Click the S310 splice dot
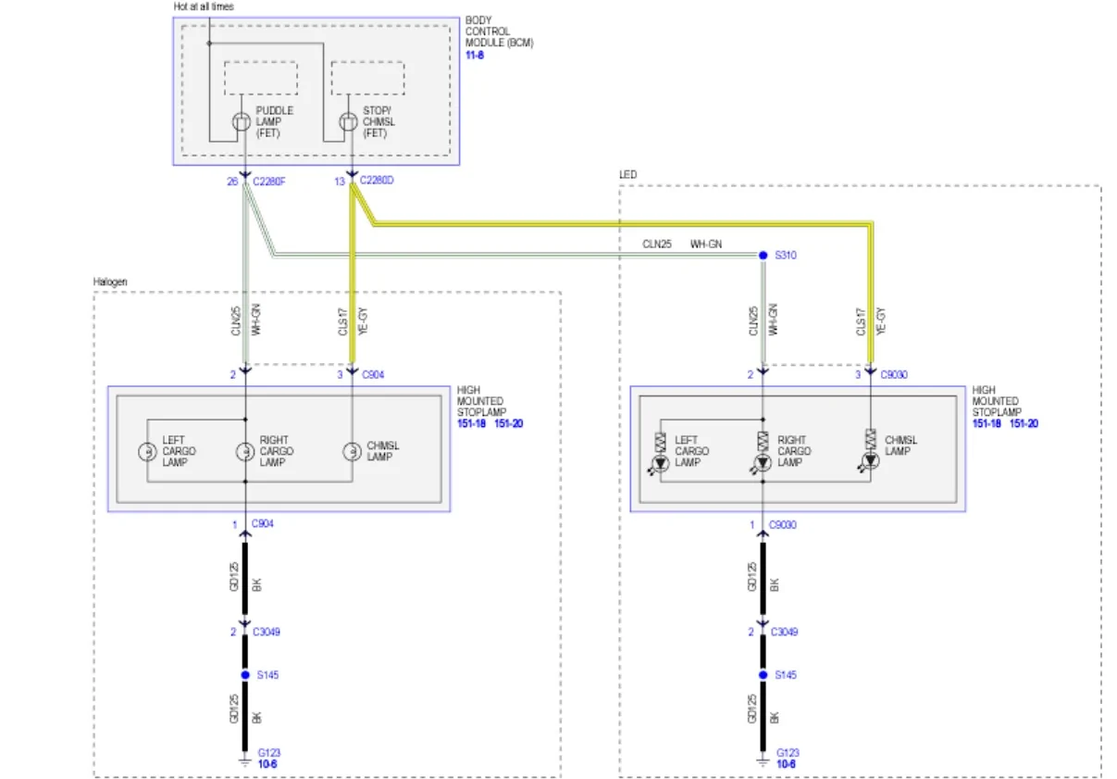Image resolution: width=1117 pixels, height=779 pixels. [x=763, y=256]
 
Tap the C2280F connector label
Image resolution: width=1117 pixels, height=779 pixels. [x=268, y=182]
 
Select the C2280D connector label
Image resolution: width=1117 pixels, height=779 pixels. [x=377, y=180]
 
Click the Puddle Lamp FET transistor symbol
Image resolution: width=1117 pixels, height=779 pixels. [x=242, y=121]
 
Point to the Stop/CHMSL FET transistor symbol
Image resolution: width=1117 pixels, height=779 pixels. [x=349, y=121]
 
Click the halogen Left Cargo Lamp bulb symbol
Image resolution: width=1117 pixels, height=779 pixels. [x=147, y=452]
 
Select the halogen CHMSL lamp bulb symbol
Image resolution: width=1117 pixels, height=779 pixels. [x=352, y=452]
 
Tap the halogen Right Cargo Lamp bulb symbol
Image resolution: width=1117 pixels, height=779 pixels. [x=245, y=452]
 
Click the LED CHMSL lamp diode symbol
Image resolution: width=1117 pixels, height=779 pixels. [x=870, y=461]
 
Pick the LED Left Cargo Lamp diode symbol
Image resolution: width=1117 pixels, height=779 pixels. [x=660, y=464]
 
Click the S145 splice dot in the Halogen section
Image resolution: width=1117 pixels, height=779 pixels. [x=245, y=675]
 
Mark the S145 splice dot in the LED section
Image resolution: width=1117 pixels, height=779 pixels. [x=763, y=675]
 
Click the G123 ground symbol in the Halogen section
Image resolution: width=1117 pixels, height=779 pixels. [x=245, y=761]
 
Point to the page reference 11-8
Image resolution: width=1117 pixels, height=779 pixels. [x=475, y=56]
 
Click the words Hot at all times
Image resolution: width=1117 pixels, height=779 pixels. [x=204, y=6]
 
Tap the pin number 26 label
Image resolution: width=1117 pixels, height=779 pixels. [x=232, y=182]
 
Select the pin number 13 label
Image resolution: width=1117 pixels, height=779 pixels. [x=340, y=182]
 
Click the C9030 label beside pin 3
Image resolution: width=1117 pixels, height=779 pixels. [x=894, y=375]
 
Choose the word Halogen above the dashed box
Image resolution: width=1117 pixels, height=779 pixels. [x=110, y=282]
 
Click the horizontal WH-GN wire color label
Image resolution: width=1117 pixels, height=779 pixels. [x=705, y=244]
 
